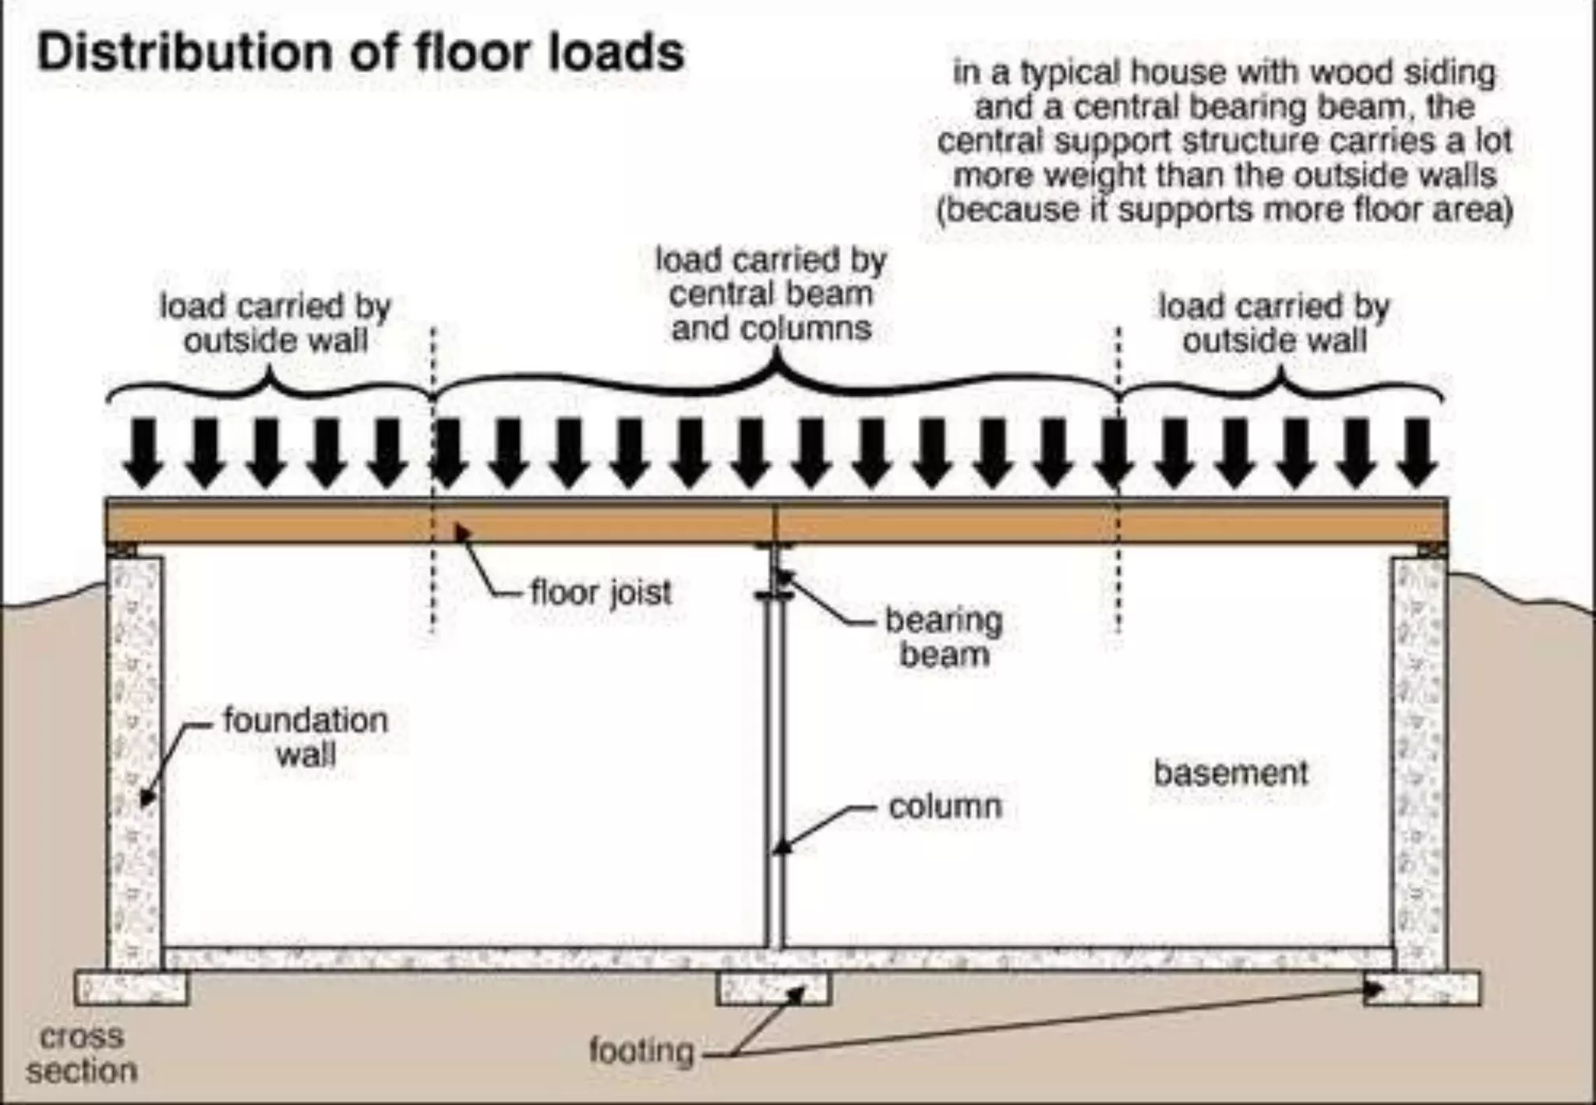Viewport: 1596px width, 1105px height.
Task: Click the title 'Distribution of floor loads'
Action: (x=360, y=52)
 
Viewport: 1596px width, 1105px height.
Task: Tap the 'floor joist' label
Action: (x=600, y=592)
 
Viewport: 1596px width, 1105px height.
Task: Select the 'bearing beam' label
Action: (x=944, y=637)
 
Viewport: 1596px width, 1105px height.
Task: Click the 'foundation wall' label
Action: (x=305, y=737)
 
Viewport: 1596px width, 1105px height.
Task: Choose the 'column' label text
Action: (x=945, y=807)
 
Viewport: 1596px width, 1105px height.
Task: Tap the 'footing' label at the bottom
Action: (x=641, y=1050)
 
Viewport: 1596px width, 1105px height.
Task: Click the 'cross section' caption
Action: (x=81, y=1054)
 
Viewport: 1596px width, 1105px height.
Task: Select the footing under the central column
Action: (x=773, y=988)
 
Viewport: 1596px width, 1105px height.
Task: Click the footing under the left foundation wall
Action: (x=131, y=988)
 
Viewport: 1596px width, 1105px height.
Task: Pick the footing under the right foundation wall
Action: (x=1421, y=988)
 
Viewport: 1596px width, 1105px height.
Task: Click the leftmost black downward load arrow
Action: (x=144, y=452)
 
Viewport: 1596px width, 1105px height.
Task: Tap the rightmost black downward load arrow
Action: (x=1416, y=452)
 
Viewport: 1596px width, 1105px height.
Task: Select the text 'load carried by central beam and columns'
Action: (x=770, y=295)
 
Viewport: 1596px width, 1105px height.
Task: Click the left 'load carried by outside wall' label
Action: (x=274, y=323)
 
